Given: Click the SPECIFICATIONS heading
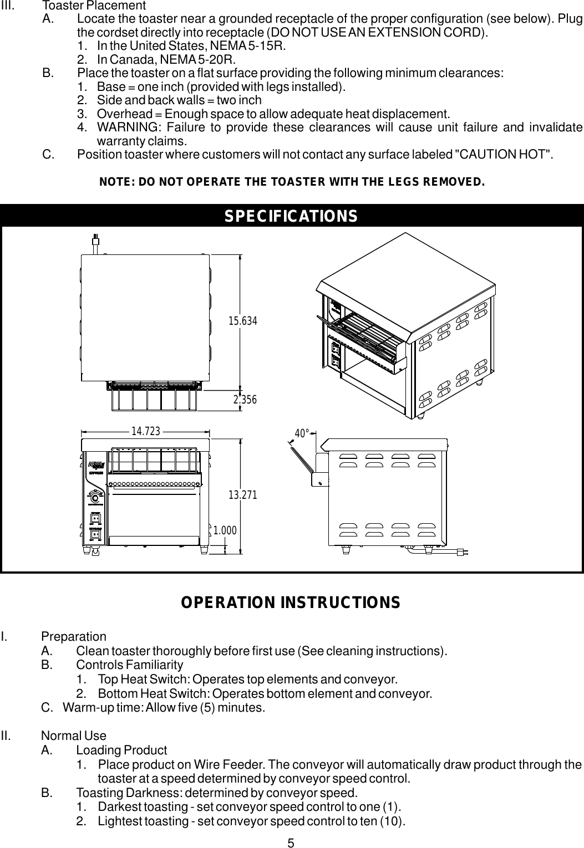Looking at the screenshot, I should [291, 216].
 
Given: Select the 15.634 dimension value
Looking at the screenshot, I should [243, 320].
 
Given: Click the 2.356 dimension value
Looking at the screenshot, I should [245, 399].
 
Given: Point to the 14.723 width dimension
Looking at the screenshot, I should [145, 430].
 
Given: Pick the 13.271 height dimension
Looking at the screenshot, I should [243, 495].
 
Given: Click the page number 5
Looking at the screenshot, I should [291, 843].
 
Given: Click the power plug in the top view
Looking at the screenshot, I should [96, 241].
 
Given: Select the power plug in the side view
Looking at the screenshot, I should [462, 551].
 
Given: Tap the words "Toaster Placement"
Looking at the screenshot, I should [94, 6].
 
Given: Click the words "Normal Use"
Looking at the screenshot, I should [74, 736].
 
